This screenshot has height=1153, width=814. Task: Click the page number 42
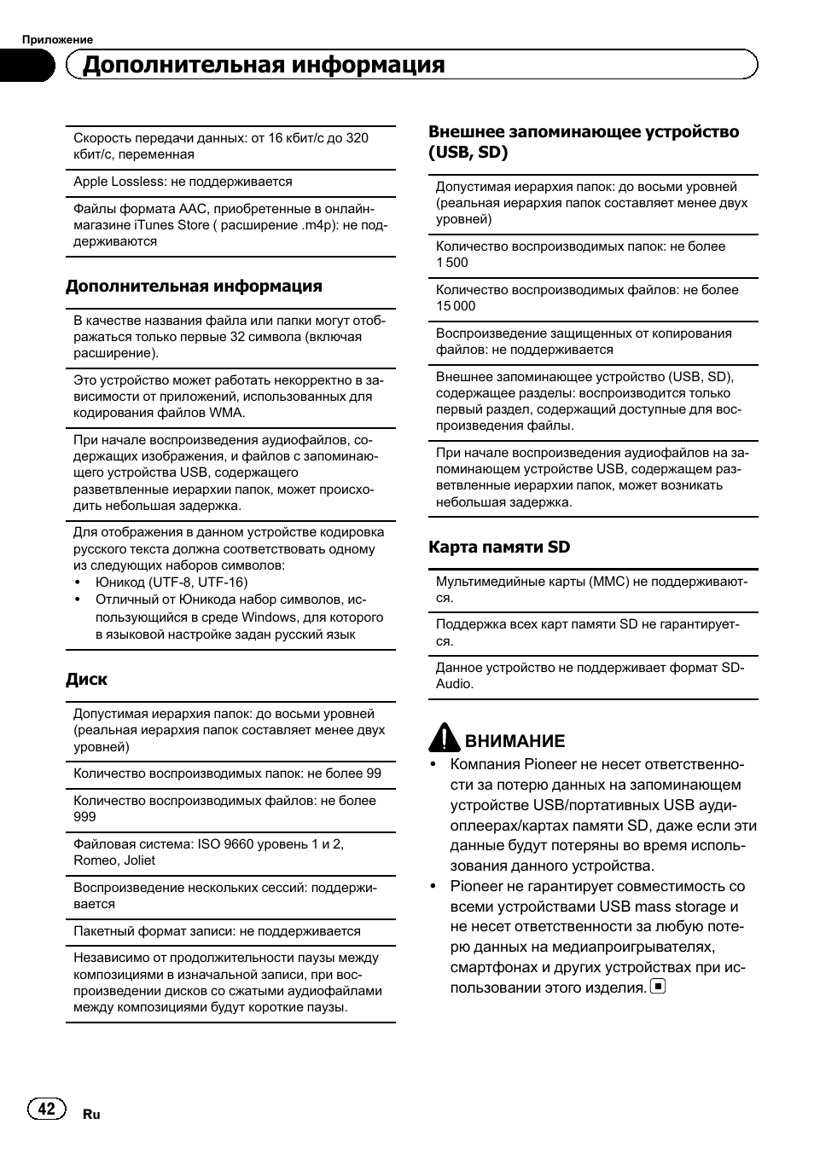[46, 1108]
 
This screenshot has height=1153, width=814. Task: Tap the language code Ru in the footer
[91, 1115]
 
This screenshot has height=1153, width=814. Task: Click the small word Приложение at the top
[57, 39]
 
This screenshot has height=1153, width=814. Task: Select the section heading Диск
[87, 680]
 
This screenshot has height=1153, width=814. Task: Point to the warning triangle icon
[444, 738]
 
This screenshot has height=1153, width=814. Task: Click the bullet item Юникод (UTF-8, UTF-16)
[172, 582]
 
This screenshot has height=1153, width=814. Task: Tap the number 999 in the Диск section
[84, 817]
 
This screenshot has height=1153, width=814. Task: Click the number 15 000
[456, 306]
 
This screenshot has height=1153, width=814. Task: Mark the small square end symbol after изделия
[658, 987]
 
